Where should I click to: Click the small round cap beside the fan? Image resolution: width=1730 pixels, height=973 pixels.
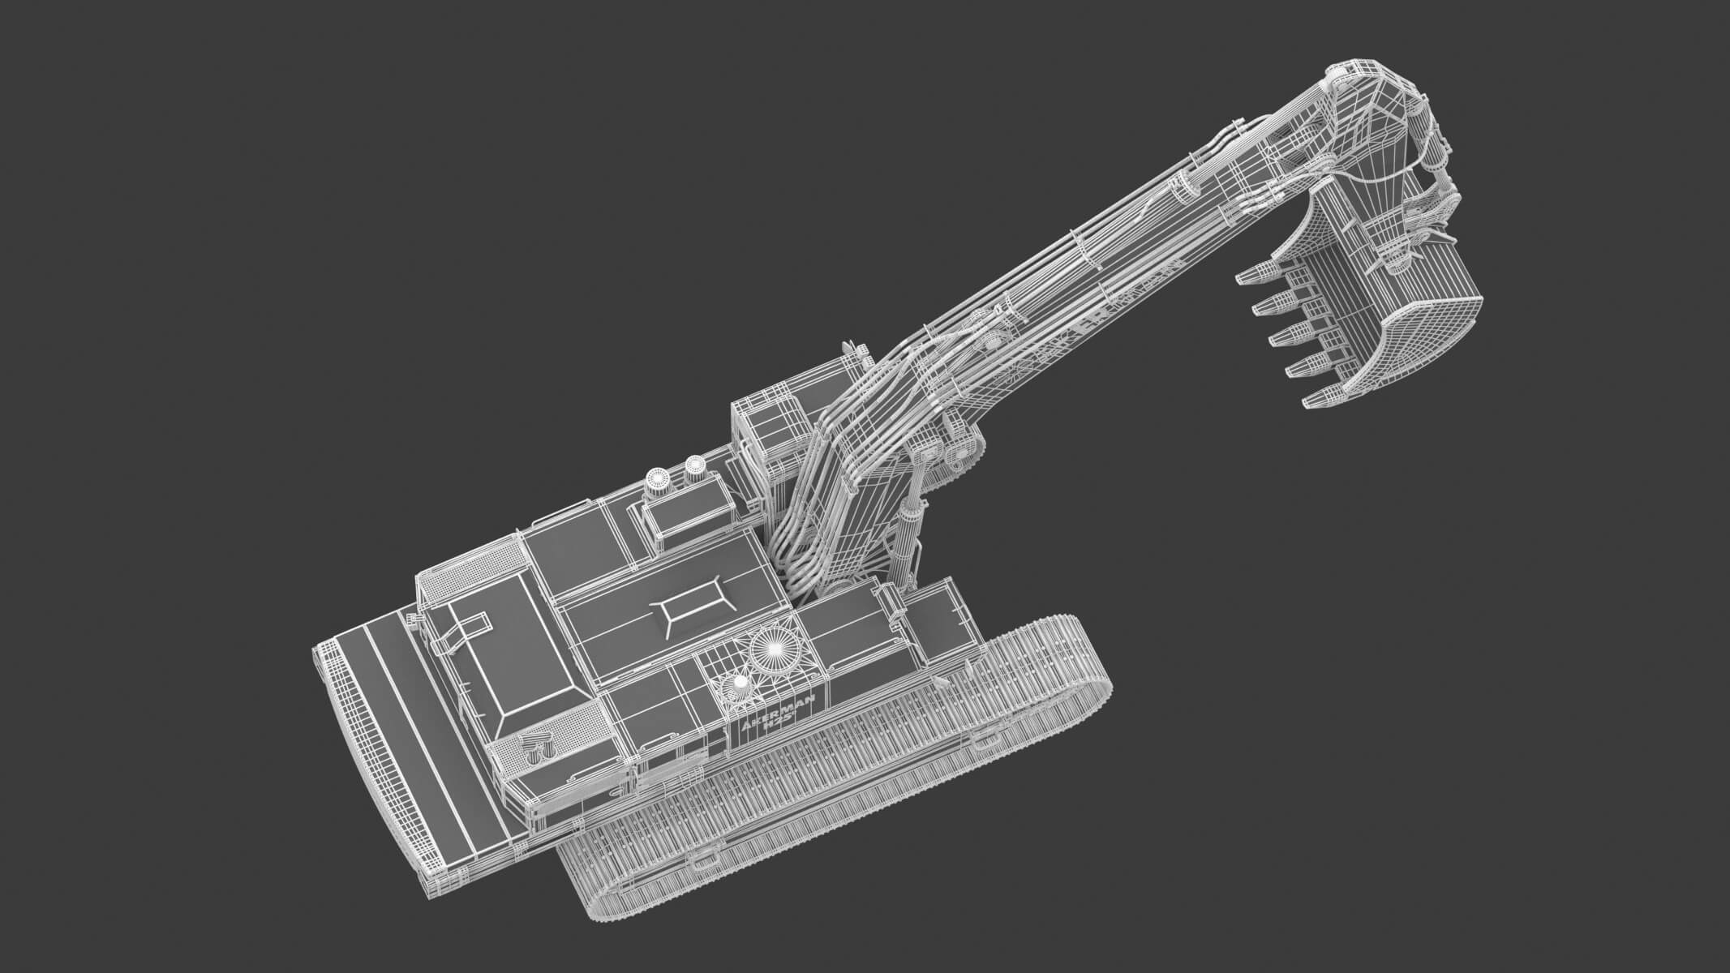741,684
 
